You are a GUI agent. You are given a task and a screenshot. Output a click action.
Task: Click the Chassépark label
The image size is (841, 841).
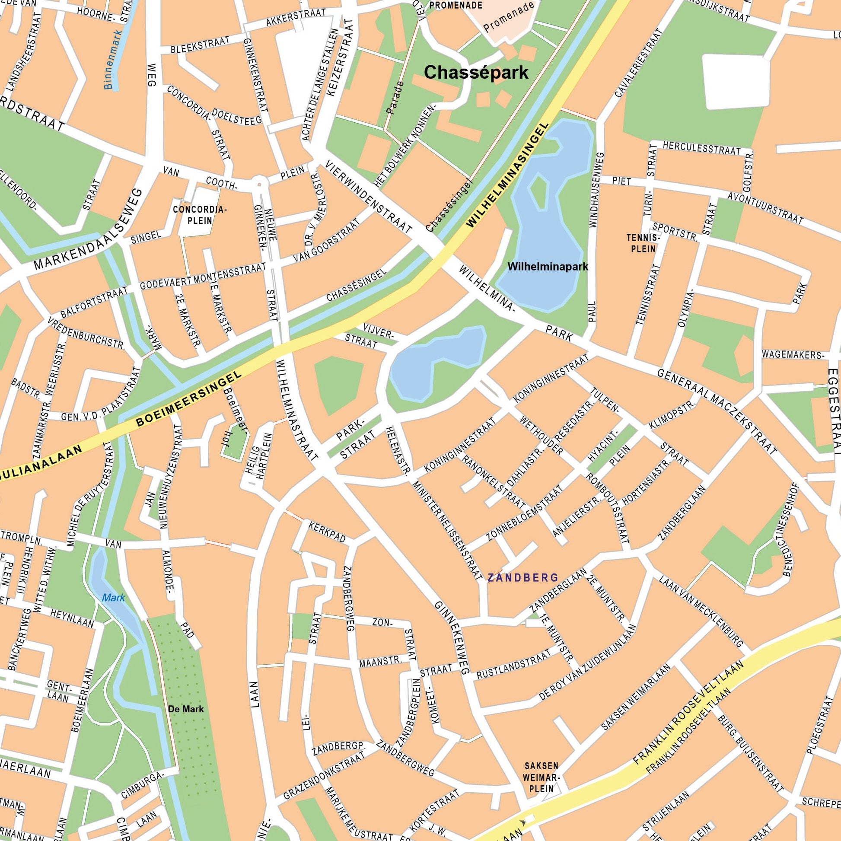tap(476, 72)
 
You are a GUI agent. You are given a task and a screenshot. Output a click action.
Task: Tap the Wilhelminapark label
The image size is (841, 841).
tap(548, 266)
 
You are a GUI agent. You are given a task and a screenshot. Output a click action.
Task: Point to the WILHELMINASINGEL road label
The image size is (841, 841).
tap(507, 174)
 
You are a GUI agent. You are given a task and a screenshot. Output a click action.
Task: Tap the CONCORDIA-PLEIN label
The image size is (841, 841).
tap(200, 215)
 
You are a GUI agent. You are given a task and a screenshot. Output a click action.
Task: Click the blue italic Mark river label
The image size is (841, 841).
tap(113, 598)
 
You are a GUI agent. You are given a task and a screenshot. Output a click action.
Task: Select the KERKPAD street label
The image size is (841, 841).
tap(327, 532)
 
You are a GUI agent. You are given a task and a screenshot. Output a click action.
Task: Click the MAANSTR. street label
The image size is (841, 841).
tap(380, 662)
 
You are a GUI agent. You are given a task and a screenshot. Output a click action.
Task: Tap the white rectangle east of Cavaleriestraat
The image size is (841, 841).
tap(735, 81)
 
